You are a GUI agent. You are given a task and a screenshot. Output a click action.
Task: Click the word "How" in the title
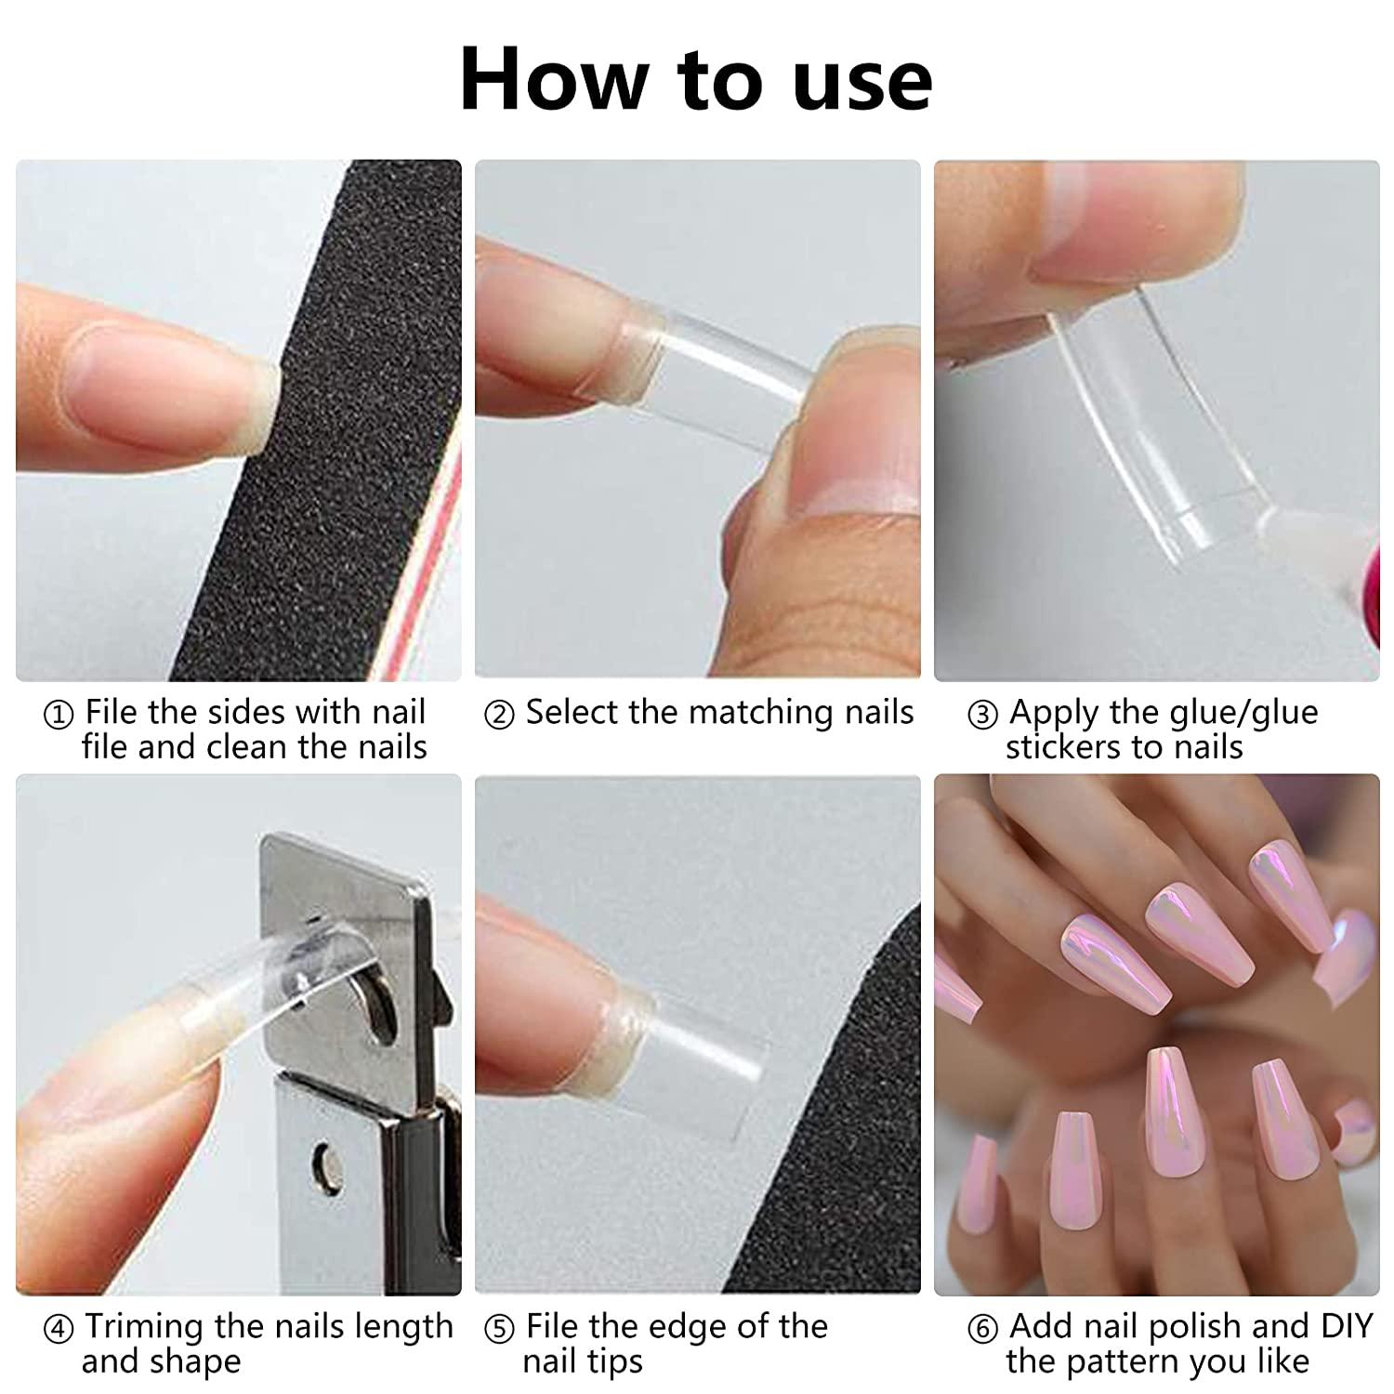554,80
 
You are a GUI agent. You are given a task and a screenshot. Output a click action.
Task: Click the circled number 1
59,716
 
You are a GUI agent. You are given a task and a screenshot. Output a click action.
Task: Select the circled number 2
499,716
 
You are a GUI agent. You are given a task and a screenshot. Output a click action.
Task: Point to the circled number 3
982,716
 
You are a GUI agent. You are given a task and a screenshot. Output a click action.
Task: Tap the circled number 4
59,1330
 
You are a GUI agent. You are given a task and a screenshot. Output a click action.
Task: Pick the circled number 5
499,1330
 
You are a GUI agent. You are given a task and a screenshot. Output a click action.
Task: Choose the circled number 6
982,1330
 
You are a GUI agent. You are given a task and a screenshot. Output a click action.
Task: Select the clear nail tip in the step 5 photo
706,1059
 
